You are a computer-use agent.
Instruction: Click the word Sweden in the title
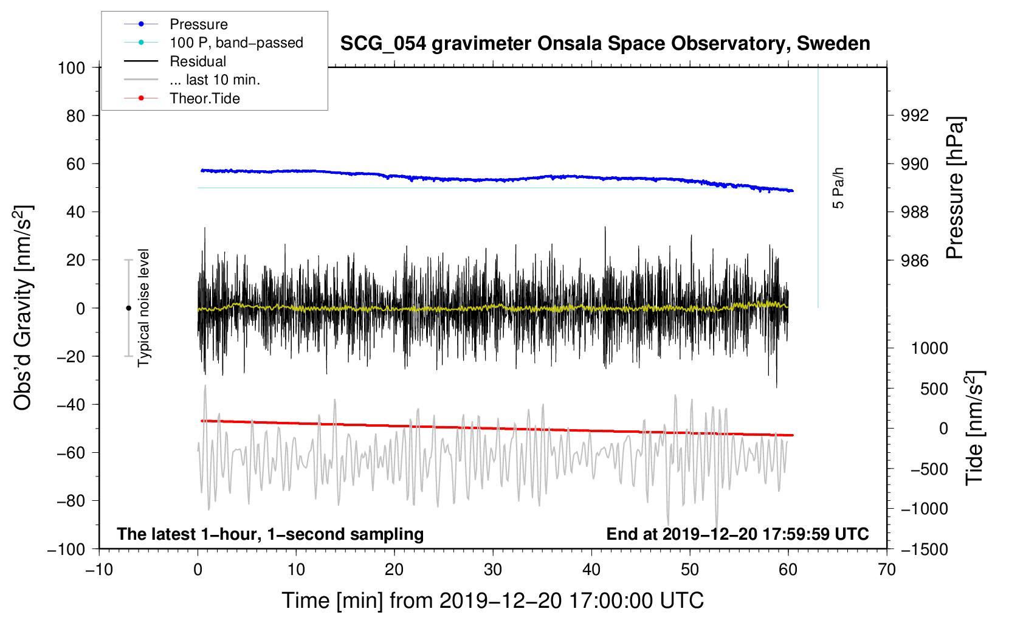[833, 44]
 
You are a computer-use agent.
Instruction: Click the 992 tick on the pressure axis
[914, 116]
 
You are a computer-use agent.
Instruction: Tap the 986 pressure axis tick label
[914, 260]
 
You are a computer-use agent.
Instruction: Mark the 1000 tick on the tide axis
[929, 348]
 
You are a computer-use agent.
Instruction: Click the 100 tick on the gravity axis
[72, 68]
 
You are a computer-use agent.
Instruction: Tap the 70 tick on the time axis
[886, 570]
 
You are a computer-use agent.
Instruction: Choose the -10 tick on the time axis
[99, 570]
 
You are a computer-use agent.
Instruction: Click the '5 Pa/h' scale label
[838, 188]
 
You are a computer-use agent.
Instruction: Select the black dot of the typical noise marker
[128, 308]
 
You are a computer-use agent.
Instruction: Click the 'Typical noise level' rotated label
[143, 308]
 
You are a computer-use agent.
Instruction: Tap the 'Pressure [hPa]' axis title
[954, 188]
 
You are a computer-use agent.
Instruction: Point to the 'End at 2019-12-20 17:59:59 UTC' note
[737, 534]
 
